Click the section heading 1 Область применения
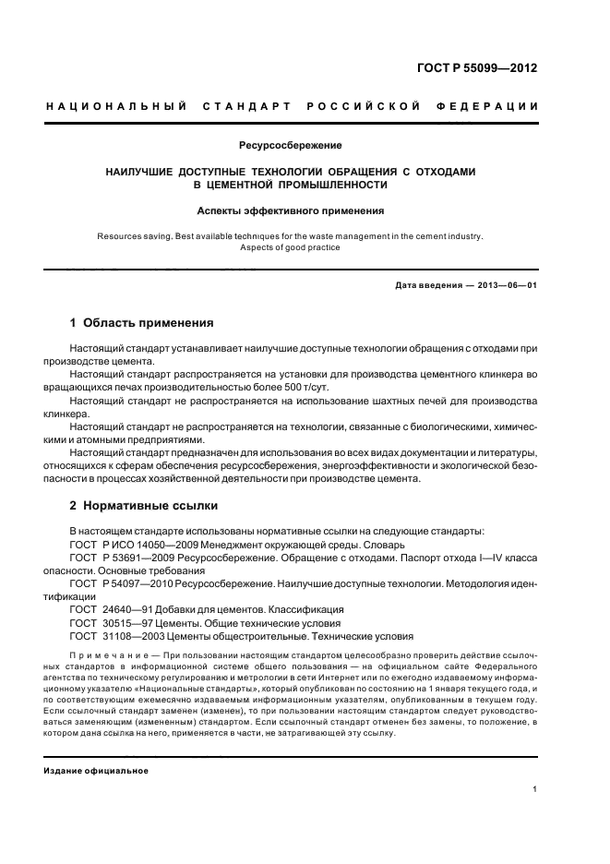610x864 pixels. [142, 324]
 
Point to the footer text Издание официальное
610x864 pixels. [95, 771]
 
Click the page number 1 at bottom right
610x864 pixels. [535, 789]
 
